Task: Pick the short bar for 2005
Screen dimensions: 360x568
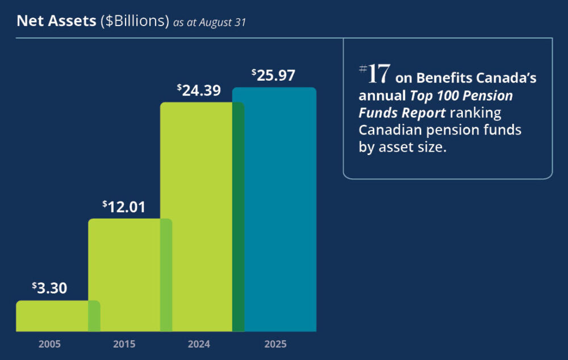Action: click(52, 316)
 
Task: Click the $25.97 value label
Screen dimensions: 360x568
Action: click(273, 76)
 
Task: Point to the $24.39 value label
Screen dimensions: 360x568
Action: click(199, 90)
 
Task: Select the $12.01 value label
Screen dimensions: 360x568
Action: click(124, 207)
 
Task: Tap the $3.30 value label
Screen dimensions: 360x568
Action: click(49, 288)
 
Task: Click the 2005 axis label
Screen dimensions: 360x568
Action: click(49, 344)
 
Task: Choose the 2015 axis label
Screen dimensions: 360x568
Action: click(124, 344)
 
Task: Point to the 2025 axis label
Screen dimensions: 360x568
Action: click(275, 344)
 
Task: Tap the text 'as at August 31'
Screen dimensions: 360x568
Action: click(210, 23)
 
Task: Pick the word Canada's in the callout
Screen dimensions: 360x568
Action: click(509, 78)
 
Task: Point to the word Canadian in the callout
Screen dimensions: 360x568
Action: click(389, 131)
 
